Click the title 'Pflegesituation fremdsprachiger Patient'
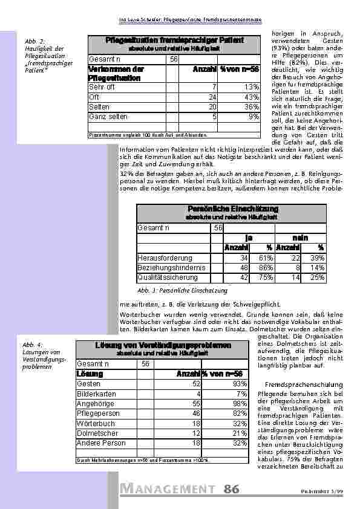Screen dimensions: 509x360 (174, 40)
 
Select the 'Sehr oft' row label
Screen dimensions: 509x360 (102, 87)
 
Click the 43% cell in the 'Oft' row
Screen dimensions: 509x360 (252, 97)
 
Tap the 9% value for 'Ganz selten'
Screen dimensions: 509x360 (254, 116)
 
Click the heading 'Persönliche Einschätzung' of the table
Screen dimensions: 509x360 (232, 209)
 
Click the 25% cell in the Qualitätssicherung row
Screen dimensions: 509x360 (316, 277)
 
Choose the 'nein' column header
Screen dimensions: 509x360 (300, 238)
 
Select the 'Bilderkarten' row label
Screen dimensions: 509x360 (96, 394)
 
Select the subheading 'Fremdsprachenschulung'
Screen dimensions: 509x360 (304, 384)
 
